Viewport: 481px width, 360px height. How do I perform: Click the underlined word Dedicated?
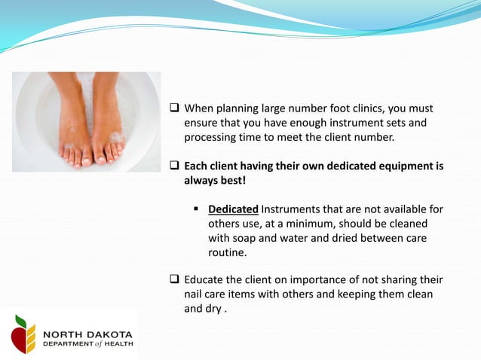coord(233,209)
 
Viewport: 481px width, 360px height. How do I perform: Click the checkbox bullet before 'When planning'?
coord(173,108)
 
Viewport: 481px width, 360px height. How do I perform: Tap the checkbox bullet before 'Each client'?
coord(173,166)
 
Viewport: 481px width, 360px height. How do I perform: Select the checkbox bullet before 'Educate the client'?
coord(173,279)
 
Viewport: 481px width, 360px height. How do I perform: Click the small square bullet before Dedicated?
coord(197,209)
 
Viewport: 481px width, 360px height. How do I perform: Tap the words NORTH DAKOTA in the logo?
coord(87,334)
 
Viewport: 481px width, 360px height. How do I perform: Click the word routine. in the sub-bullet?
coord(227,252)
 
